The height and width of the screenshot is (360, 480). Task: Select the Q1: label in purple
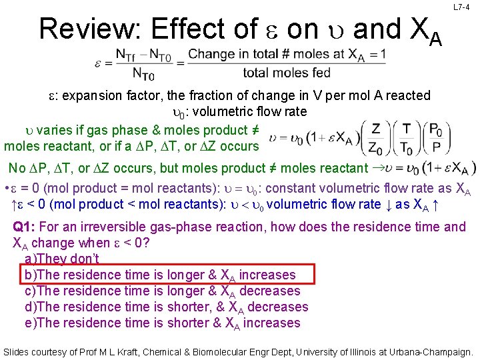click(x=26, y=227)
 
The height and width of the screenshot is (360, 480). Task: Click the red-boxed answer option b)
click(x=160, y=275)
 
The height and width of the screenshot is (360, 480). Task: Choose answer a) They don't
click(x=62, y=259)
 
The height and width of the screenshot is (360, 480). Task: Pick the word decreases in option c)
click(x=269, y=291)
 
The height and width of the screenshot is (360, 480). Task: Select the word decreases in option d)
click(x=277, y=307)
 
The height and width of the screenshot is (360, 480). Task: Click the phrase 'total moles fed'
click(x=287, y=73)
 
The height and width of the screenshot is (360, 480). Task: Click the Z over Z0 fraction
click(x=375, y=137)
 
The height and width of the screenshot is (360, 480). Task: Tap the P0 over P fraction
click(x=435, y=137)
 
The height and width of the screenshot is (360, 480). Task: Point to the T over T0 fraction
click(x=406, y=137)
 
